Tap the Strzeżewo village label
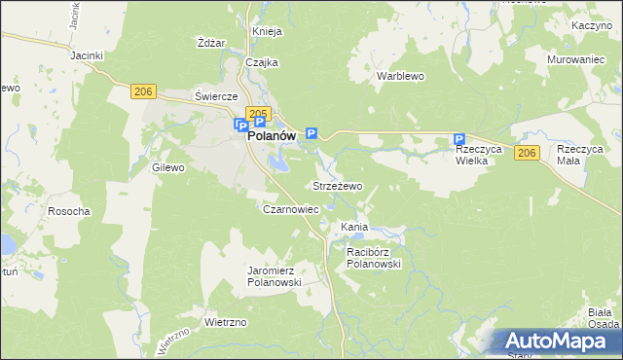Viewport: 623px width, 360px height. coord(337,185)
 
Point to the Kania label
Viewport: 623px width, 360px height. coord(353,227)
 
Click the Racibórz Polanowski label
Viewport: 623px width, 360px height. coord(374,257)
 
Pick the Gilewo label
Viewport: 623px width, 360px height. coord(167,167)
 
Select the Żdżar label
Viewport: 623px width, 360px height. coord(210,43)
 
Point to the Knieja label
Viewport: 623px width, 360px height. coord(267,31)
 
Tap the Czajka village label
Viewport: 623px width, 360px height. coord(263,62)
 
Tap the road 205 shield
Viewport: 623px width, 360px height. coord(257,113)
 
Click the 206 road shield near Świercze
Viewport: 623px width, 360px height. coord(143,90)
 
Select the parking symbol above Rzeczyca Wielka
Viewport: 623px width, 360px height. coord(458,140)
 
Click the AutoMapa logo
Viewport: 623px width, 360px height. coord(559,342)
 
